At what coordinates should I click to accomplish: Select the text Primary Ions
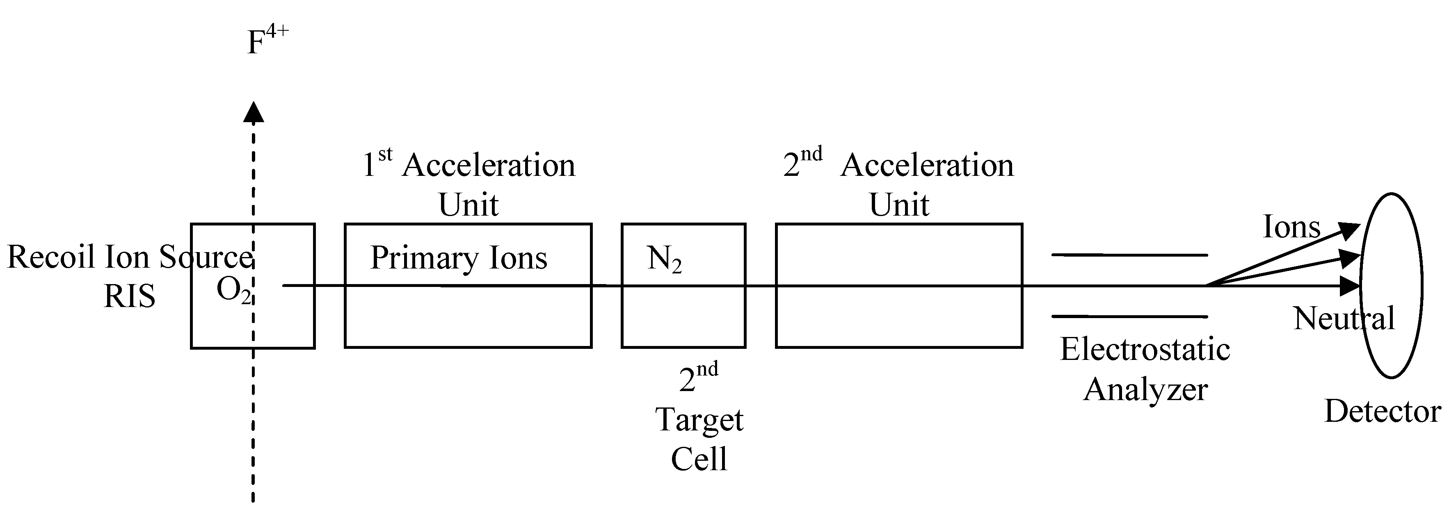pyautogui.click(x=458, y=259)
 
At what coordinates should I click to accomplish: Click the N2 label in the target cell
pyautogui.click(x=664, y=259)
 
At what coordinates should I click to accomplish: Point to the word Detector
pyautogui.click(x=1382, y=412)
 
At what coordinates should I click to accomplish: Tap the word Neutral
pyautogui.click(x=1343, y=319)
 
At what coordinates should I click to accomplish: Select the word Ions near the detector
pyautogui.click(x=1291, y=228)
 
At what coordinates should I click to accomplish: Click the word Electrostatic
pyautogui.click(x=1145, y=350)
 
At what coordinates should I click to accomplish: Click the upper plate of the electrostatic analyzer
pyautogui.click(x=1129, y=255)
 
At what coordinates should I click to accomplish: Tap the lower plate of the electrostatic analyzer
pyautogui.click(x=1129, y=317)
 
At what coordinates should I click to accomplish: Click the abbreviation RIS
pyautogui.click(x=129, y=297)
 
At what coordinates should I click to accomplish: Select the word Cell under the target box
pyautogui.click(x=699, y=459)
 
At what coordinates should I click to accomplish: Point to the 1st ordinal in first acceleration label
pyautogui.click(x=377, y=164)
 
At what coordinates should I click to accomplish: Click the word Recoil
pyautogui.click(x=52, y=257)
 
